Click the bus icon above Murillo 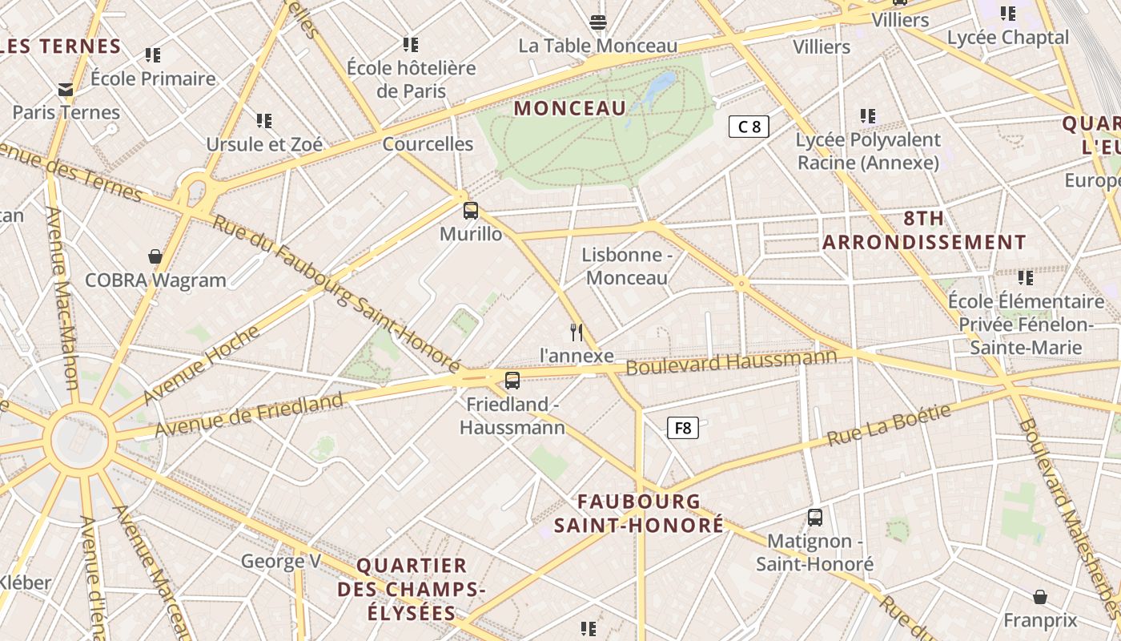(x=471, y=211)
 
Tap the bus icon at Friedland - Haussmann (x=512, y=381)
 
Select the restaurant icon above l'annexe (x=577, y=332)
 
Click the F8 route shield (x=683, y=428)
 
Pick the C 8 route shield (x=749, y=126)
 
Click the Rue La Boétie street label (x=889, y=425)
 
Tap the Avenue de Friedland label (x=249, y=414)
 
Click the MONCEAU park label (x=570, y=108)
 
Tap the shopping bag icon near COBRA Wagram (x=155, y=256)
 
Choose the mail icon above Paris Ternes (x=66, y=90)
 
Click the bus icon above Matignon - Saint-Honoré (x=815, y=518)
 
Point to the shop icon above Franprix (x=1039, y=597)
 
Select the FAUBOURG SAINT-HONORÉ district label (x=639, y=514)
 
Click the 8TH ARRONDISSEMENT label (x=924, y=231)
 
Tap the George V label (x=281, y=561)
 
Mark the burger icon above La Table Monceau (x=597, y=22)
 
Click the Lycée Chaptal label (x=1007, y=38)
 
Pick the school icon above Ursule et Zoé (x=264, y=121)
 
